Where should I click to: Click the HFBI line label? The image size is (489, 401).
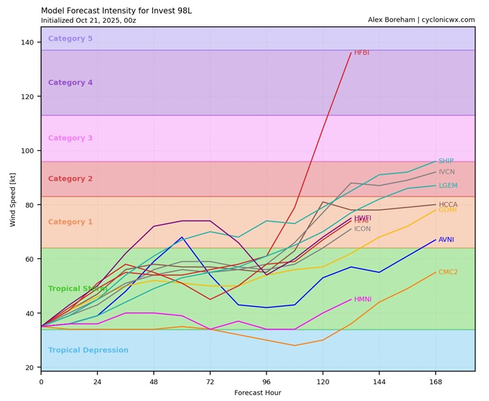[x=362, y=53]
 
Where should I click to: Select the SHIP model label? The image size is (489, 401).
[x=446, y=161]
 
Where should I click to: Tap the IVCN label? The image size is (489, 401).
[x=447, y=172]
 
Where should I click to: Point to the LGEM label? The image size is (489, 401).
[x=448, y=185]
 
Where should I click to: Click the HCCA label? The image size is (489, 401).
[x=448, y=204]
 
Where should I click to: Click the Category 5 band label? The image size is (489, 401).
[x=70, y=38]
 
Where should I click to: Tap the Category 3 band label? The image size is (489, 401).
[x=70, y=138]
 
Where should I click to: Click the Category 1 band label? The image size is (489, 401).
[x=70, y=222]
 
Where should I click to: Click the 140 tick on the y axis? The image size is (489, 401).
[x=28, y=42]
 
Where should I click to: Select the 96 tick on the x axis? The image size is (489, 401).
[x=266, y=381]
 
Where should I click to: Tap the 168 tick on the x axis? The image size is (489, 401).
[x=436, y=381]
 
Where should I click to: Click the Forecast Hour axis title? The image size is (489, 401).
[x=258, y=392]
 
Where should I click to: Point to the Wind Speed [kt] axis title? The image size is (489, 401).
[x=13, y=199]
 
